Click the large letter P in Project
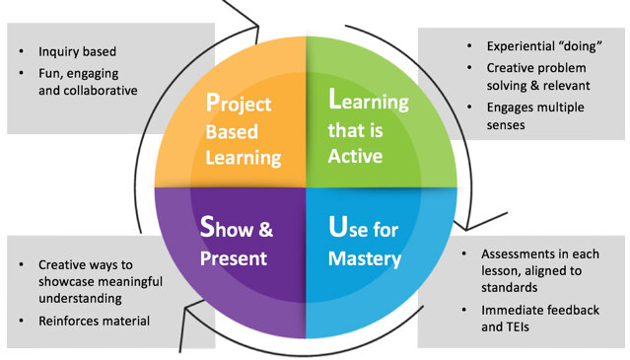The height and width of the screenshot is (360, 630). click(212, 104)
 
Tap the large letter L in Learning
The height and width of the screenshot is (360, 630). click(335, 104)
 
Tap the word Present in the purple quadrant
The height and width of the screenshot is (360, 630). click(235, 260)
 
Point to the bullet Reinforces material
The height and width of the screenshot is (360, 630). click(94, 321)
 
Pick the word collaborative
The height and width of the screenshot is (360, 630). click(97, 91)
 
